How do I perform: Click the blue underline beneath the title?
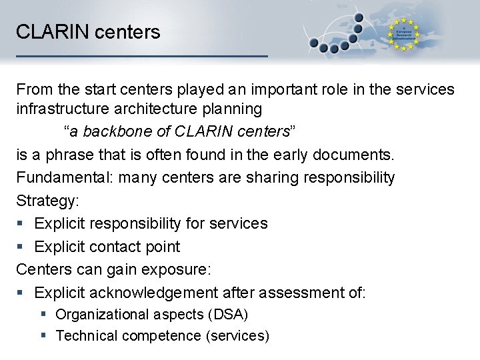(141, 56)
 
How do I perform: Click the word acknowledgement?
(153, 292)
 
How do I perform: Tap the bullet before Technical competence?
(43, 336)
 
